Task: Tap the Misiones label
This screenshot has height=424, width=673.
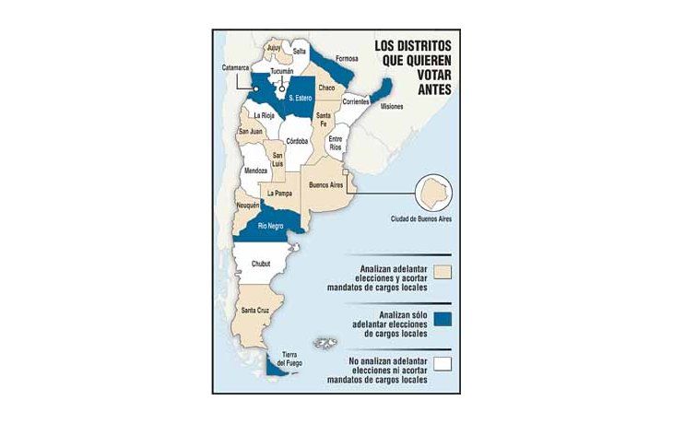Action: click(x=391, y=107)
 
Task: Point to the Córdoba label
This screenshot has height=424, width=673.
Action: click(x=297, y=141)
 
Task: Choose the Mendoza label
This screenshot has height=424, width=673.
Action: click(x=255, y=171)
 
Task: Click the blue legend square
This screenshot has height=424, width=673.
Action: click(x=443, y=319)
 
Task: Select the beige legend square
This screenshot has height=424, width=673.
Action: click(x=443, y=273)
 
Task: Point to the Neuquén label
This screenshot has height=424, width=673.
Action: click(x=248, y=205)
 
